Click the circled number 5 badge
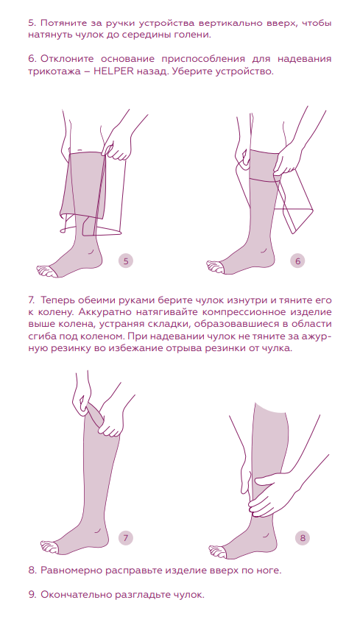(126, 261)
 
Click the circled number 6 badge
(297, 261)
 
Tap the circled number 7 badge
(126, 538)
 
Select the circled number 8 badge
(303, 538)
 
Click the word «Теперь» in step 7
(60, 300)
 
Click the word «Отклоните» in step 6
(66, 59)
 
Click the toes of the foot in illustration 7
(49, 547)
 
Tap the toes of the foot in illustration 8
(218, 551)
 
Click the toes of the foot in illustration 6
(216, 267)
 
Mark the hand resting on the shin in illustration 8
(274, 492)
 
